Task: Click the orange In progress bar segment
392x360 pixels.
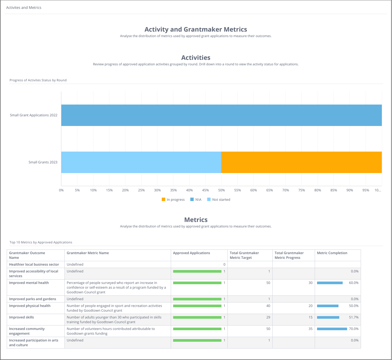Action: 301,162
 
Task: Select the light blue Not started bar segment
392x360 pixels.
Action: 141,162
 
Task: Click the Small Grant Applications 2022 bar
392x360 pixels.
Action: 221,115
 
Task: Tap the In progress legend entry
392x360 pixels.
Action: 173,200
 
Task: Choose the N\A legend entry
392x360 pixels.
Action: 196,200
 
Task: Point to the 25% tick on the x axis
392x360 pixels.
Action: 141,190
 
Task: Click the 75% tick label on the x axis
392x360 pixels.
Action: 302,190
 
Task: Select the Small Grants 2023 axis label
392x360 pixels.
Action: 43,162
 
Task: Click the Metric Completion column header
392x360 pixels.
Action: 332,253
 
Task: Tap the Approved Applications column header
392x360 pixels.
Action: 191,253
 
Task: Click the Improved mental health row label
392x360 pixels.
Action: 29,283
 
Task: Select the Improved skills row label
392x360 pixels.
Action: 21,317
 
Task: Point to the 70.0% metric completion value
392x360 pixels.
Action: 354,329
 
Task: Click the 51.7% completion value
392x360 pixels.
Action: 354,317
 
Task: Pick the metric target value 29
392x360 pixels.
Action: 268,317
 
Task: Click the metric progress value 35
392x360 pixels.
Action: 310,329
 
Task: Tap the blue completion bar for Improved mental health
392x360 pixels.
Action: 330,283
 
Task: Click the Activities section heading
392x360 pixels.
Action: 196,58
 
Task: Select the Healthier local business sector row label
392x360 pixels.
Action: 34,264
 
